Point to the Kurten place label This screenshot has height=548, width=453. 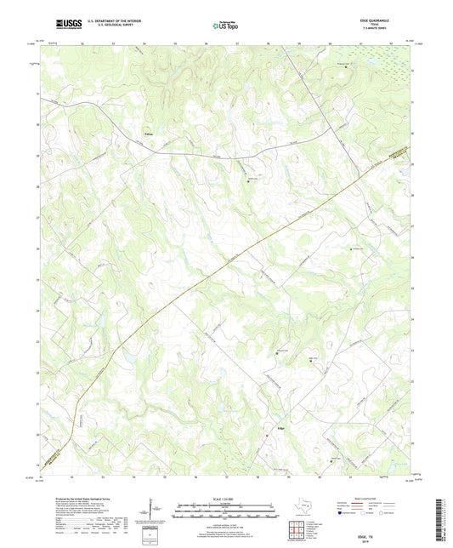tap(150, 134)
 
